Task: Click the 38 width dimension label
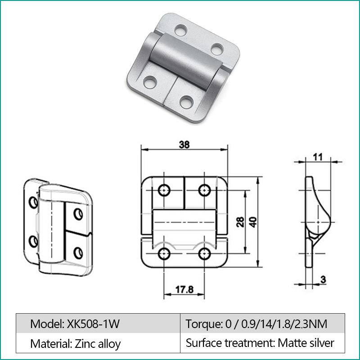pos(184,144)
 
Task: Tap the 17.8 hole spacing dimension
pos(184,289)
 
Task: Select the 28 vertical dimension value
pos(240,222)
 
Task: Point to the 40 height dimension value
pos(253,222)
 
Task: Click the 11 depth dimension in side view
pos(318,157)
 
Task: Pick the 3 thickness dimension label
pos(323,279)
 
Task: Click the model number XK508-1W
pos(93,324)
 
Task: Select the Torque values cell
pos(262,323)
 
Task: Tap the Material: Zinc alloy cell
pos(98,343)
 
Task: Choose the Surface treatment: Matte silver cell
pos(262,343)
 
